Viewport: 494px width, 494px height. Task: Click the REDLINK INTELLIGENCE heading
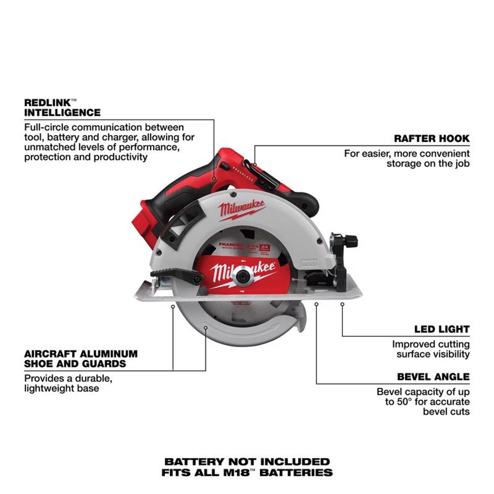click(62, 108)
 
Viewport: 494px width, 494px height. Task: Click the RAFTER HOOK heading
click(431, 138)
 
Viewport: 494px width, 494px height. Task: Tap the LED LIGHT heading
click(441, 329)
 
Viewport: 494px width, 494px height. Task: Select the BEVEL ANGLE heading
click(433, 377)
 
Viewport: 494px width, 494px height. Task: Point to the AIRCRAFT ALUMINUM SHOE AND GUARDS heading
click(81, 359)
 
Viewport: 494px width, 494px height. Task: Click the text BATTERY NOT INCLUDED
click(247, 462)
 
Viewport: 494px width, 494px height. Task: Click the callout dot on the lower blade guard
click(206, 328)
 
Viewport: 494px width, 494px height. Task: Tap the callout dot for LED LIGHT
click(342, 304)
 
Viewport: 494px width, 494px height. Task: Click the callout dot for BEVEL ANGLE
click(316, 304)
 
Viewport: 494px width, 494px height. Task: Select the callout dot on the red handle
click(214, 178)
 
